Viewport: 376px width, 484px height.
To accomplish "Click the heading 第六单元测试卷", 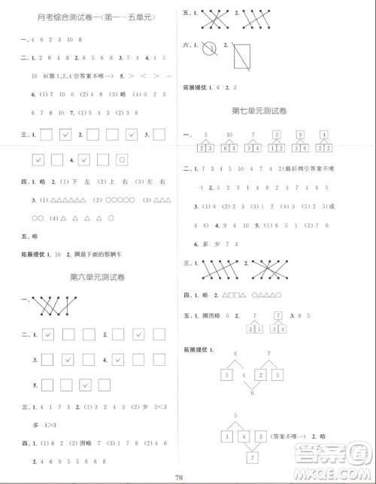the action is pyautogui.click(x=97, y=277).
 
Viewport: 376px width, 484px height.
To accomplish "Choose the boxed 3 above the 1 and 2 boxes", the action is pyautogui.click(x=277, y=135).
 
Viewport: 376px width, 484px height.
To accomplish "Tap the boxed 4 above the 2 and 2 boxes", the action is pyautogui.click(x=324, y=135).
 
